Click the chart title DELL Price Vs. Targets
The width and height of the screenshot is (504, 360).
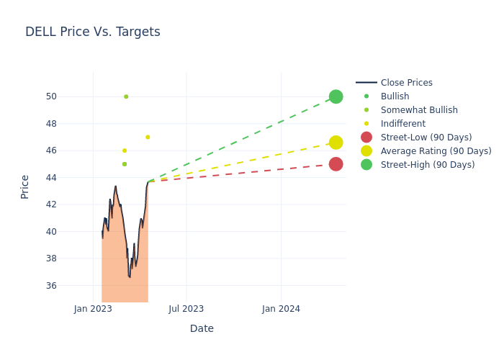(93, 32)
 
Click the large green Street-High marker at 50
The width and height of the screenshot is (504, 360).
(336, 96)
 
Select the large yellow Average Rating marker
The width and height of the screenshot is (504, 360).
(336, 143)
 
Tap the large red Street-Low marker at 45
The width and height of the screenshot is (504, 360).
(336, 164)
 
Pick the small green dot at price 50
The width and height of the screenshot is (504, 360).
(126, 96)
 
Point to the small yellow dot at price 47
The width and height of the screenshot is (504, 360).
(148, 137)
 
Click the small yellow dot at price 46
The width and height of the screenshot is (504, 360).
(125, 150)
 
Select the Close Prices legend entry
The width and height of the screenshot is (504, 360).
(406, 83)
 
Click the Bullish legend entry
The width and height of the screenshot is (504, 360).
(395, 96)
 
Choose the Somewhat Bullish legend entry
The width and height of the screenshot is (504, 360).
(419, 110)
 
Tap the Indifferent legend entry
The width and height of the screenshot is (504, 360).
(402, 124)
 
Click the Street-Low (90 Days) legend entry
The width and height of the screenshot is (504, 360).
(426, 138)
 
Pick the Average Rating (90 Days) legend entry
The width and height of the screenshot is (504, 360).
(436, 151)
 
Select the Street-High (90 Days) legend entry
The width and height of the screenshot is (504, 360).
(428, 165)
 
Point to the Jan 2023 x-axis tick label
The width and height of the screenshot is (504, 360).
(93, 309)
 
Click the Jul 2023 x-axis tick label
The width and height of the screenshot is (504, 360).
(186, 309)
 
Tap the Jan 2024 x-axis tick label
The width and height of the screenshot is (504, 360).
(281, 309)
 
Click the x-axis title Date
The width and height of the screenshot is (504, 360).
(202, 328)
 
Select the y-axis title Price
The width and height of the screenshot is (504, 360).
(25, 186)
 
